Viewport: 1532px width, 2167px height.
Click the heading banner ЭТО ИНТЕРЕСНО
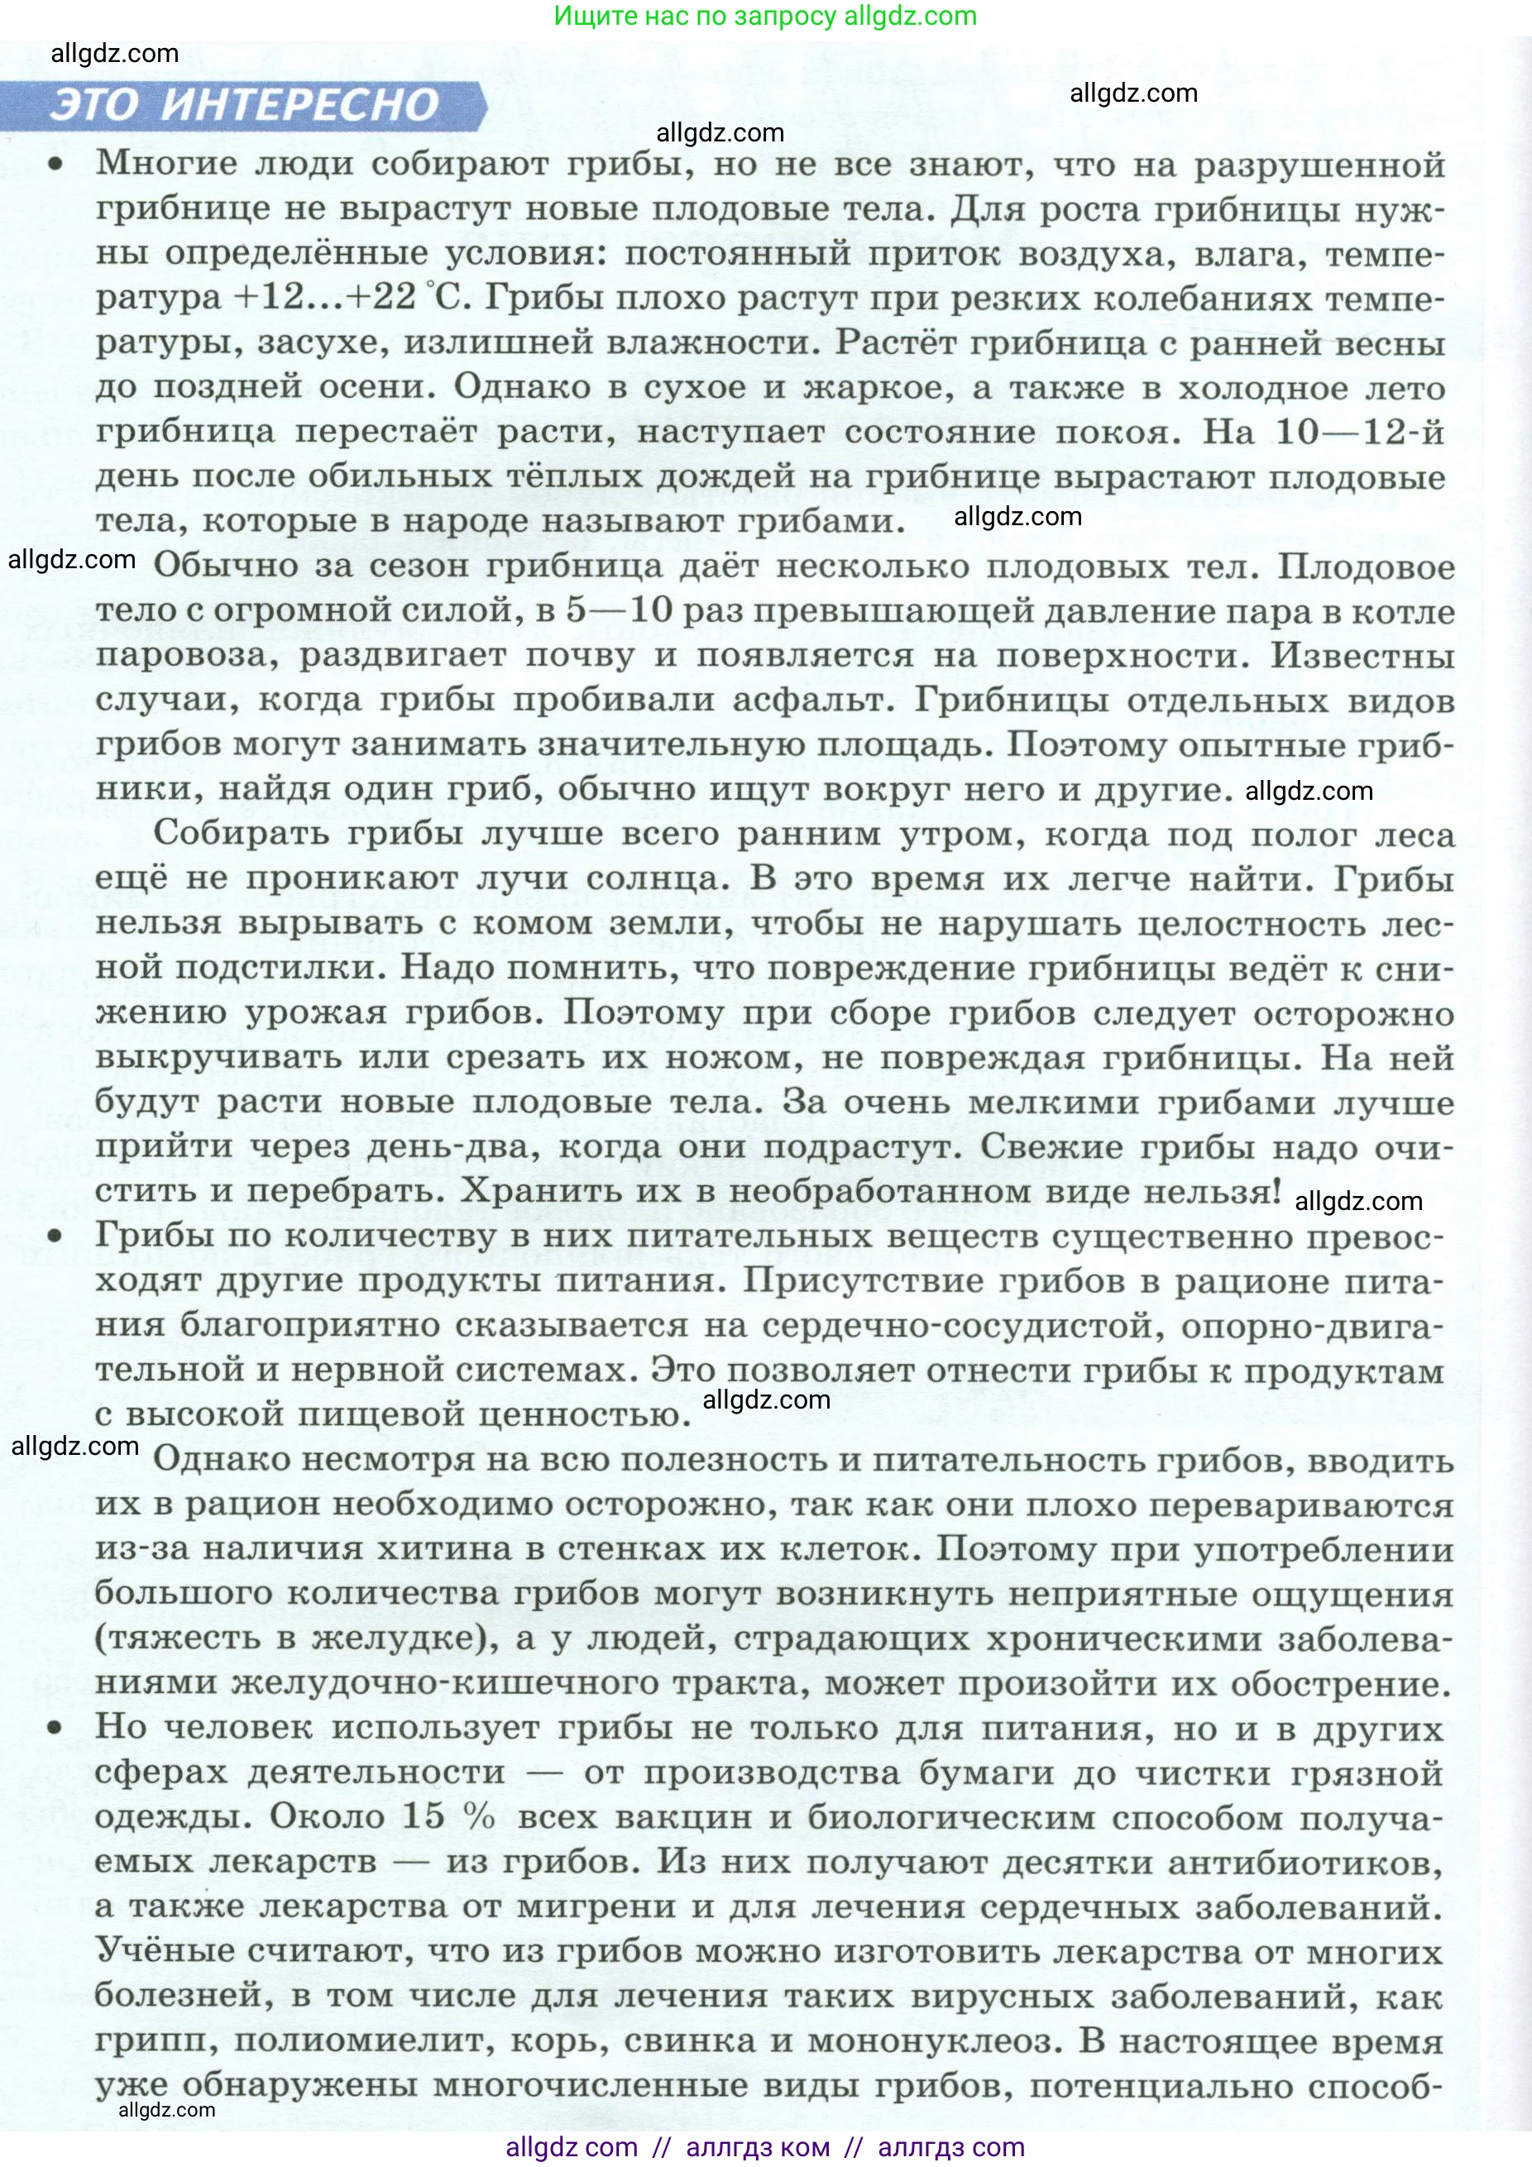pos(243,105)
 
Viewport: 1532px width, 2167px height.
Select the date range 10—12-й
pos(1359,433)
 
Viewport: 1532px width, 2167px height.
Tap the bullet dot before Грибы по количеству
pos(56,1237)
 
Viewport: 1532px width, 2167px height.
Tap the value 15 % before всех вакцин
pos(448,1817)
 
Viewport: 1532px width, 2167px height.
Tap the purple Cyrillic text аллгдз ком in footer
pos(757,2148)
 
